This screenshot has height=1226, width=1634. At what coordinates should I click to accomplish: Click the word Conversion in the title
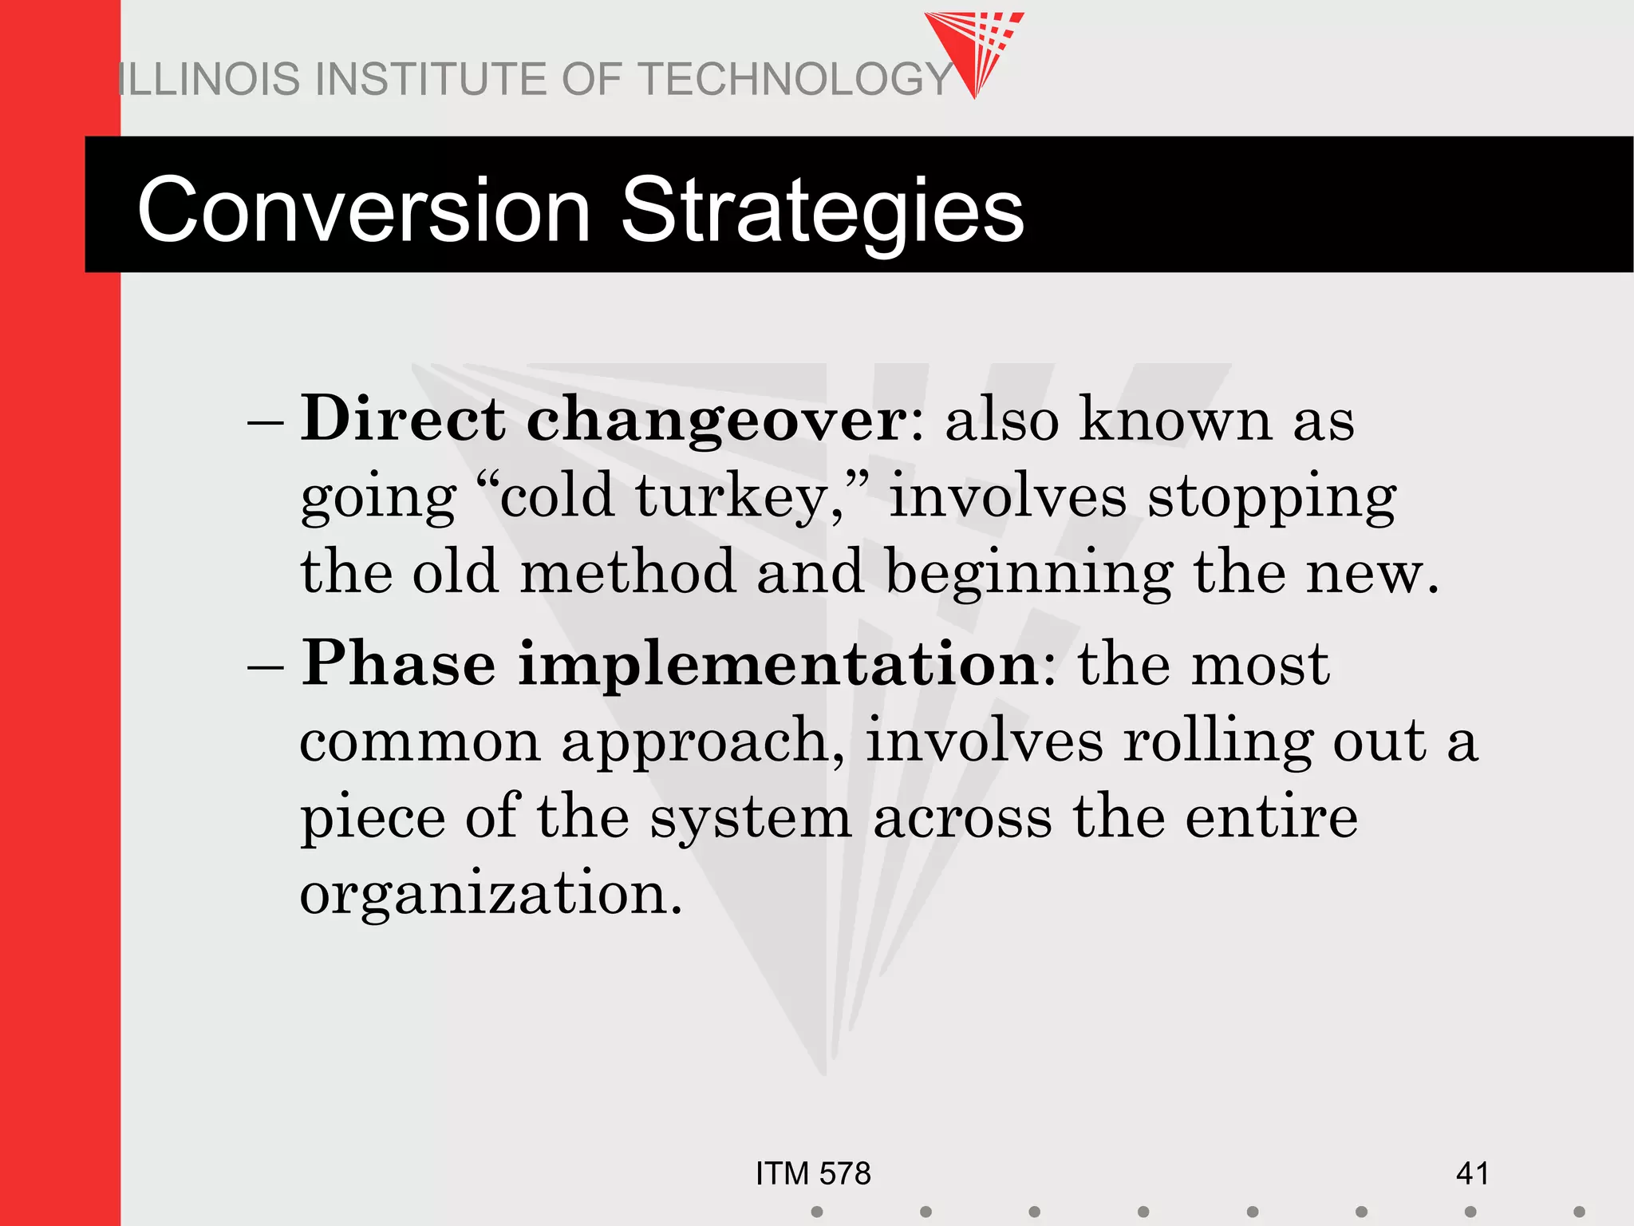tap(364, 211)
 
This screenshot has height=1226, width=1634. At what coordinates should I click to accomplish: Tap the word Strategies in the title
tap(822, 211)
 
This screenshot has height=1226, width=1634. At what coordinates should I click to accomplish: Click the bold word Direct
tap(403, 420)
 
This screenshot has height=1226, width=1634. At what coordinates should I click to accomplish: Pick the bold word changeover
tap(716, 420)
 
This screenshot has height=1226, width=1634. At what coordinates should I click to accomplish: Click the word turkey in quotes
tap(730, 496)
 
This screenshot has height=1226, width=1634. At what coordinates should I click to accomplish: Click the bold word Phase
tap(398, 664)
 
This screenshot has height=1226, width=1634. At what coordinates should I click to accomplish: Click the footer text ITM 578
tap(813, 1174)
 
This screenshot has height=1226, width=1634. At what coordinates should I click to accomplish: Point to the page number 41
tap(1472, 1174)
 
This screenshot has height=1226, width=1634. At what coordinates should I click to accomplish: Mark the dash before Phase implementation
tap(266, 666)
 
